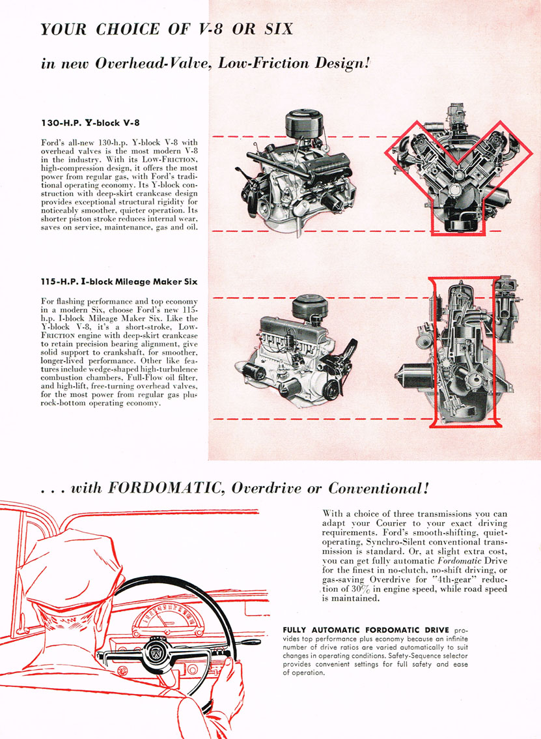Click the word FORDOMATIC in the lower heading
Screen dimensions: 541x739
click(163, 488)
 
